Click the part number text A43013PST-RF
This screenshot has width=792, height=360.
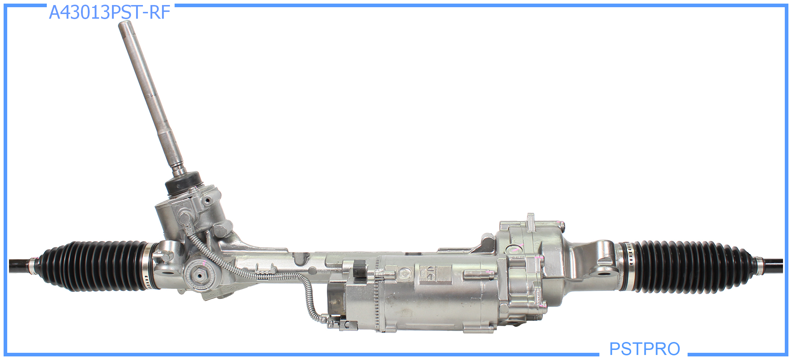(109, 13)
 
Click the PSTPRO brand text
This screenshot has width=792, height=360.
(644, 348)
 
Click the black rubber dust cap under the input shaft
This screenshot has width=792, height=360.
(183, 183)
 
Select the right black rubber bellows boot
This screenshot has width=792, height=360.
(688, 266)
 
